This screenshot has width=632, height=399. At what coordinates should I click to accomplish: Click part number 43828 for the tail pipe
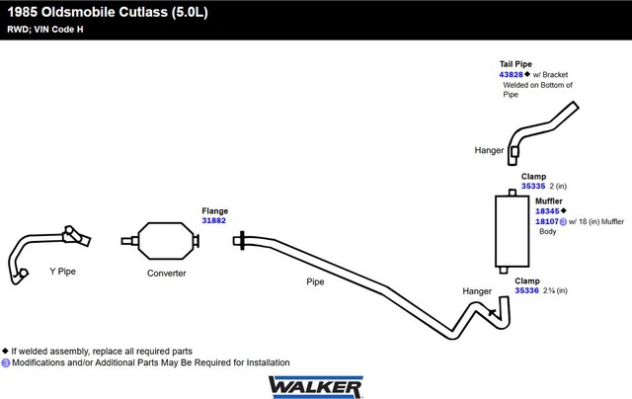[x=511, y=74]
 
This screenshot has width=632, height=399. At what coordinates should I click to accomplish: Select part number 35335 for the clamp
[x=533, y=186]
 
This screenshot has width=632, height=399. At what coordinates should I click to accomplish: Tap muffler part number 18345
[x=547, y=210]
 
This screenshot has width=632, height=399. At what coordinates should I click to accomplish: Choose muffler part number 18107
[x=547, y=221]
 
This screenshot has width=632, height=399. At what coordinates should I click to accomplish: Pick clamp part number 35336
[x=526, y=290]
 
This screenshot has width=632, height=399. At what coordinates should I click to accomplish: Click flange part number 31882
[x=214, y=220]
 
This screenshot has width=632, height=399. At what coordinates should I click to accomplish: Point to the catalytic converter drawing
[x=165, y=240]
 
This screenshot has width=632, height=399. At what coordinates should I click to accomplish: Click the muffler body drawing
[x=513, y=232]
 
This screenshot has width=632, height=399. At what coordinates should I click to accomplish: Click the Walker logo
[x=315, y=383]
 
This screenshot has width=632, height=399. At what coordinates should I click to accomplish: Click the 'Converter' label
[x=166, y=274]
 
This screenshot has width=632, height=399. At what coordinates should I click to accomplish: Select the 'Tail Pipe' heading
[x=515, y=64]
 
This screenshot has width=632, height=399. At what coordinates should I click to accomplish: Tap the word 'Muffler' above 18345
[x=549, y=200]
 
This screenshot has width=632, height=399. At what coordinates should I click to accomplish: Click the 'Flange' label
[x=215, y=210]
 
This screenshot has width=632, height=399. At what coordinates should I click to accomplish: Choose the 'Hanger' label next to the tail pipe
[x=490, y=151]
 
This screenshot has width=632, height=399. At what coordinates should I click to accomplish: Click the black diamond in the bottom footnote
[x=6, y=351]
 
